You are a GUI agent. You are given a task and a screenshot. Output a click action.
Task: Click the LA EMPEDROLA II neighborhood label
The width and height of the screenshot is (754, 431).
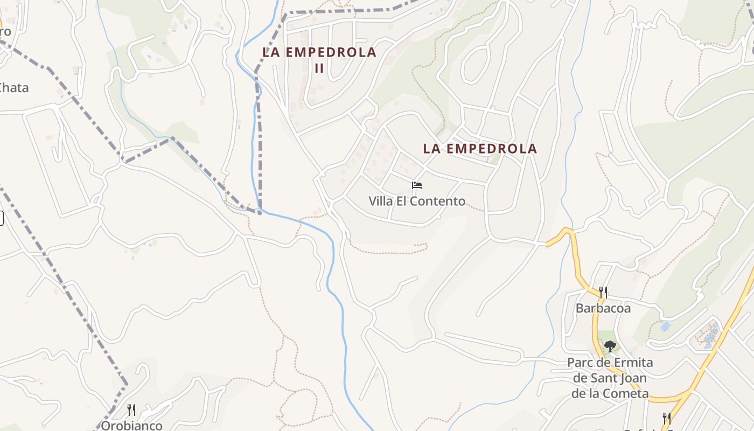[x=319, y=59]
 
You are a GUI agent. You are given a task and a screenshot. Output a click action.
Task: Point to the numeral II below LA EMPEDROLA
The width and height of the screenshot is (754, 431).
[x=319, y=68]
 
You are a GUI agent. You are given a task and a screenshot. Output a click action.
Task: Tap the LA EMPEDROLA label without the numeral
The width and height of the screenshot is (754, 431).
[x=480, y=149]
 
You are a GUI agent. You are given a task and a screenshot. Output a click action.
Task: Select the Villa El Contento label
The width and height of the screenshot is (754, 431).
[x=417, y=201]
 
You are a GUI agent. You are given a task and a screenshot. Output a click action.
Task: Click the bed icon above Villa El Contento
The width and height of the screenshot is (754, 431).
[x=416, y=186]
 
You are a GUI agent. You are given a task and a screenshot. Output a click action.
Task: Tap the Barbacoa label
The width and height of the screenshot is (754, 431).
[x=603, y=309]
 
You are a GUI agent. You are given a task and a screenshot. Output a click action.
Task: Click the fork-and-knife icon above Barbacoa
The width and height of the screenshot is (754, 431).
[x=603, y=293]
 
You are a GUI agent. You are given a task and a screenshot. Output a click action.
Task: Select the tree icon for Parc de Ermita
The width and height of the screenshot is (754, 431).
[x=610, y=346]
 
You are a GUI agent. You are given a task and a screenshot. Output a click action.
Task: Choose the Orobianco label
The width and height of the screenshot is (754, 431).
[x=131, y=426]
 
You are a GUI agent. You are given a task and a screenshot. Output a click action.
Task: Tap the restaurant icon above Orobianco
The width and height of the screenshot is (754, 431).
[x=131, y=409]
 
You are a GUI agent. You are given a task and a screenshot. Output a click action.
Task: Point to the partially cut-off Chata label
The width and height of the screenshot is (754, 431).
[x=13, y=88]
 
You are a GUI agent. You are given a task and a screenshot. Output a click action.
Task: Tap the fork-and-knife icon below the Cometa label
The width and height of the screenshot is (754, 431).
[x=666, y=418]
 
